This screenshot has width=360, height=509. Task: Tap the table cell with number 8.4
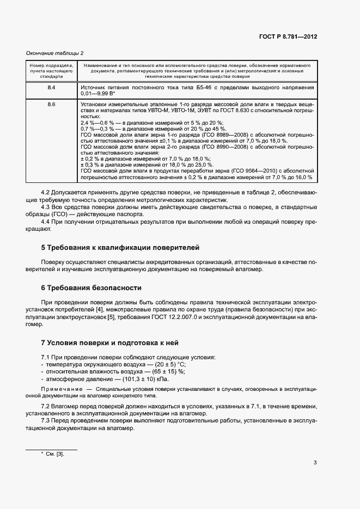[x=51, y=87]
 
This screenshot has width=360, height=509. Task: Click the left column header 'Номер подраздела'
[x=51, y=66]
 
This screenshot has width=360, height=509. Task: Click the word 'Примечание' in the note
[x=60, y=390]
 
